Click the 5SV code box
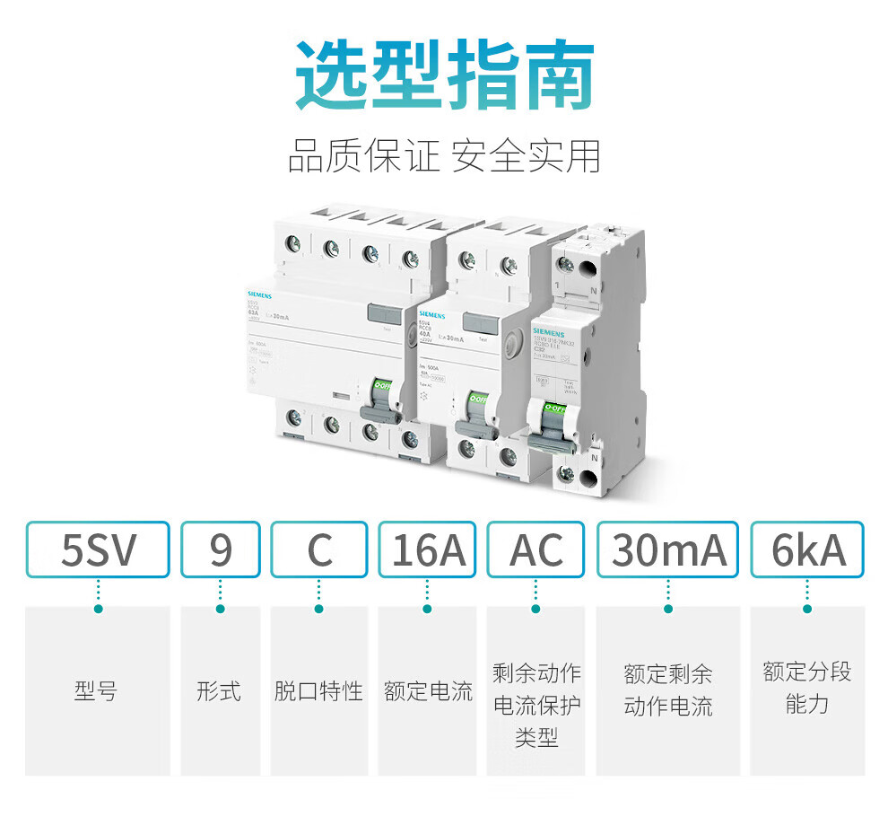click(x=98, y=549)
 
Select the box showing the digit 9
click(x=221, y=549)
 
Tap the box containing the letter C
click(x=319, y=549)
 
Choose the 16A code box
click(x=428, y=549)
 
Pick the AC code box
click(x=536, y=549)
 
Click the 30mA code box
click(x=668, y=549)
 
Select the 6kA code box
click(x=807, y=549)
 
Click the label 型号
click(x=96, y=691)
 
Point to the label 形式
click(x=219, y=691)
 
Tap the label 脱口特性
click(x=318, y=691)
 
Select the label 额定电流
click(x=428, y=691)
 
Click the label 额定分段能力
click(x=806, y=688)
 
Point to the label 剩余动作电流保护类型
click(x=536, y=705)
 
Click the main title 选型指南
click(x=445, y=75)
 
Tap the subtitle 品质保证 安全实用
click(x=444, y=155)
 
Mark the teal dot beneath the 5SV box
click(x=98, y=609)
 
